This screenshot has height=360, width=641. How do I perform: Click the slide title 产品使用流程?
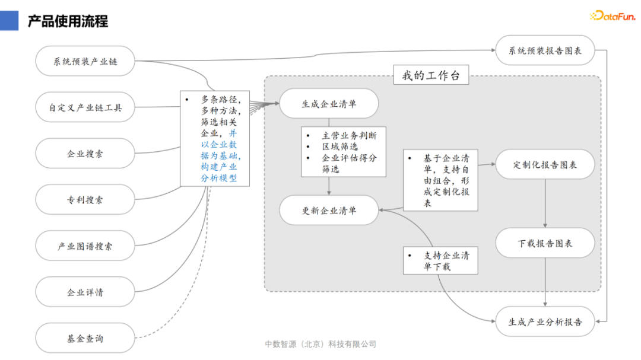(x=68, y=22)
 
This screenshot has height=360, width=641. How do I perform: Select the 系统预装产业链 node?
(x=85, y=61)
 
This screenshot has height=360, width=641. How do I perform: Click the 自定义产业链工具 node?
(x=85, y=107)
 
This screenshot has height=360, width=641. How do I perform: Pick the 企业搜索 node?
(x=85, y=154)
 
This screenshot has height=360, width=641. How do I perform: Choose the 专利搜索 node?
(x=85, y=200)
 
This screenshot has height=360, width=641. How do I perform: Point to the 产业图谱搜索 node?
(x=85, y=246)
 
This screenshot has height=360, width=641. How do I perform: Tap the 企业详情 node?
(x=85, y=292)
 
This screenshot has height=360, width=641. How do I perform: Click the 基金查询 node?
(x=85, y=339)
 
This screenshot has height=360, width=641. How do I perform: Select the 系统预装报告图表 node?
(x=545, y=50)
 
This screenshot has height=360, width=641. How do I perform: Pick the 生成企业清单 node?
(x=329, y=104)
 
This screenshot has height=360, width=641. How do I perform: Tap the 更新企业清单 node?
(x=329, y=210)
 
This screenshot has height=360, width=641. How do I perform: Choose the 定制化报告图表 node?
(x=545, y=164)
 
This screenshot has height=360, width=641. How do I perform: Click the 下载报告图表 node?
(x=545, y=243)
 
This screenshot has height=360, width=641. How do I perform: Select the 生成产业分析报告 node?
(x=545, y=322)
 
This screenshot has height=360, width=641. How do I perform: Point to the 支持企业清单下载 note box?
(x=440, y=261)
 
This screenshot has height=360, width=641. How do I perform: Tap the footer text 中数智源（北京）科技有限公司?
(x=320, y=345)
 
